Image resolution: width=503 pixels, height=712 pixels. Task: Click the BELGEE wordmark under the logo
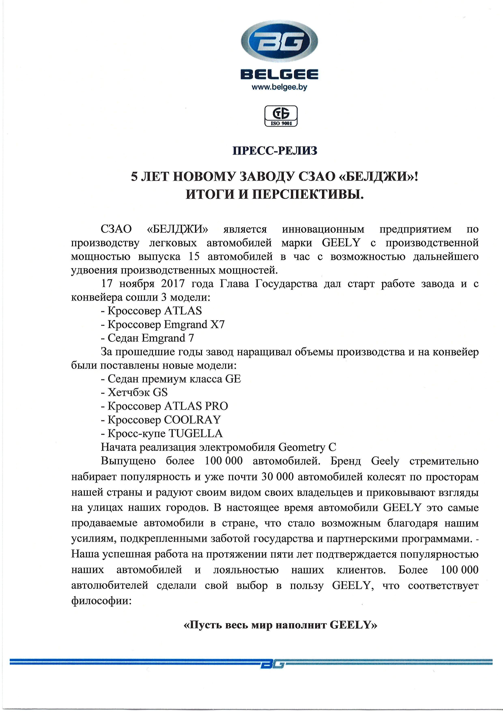279,74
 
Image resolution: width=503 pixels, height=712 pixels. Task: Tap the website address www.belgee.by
279,87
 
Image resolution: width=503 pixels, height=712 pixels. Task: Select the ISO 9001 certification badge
281,116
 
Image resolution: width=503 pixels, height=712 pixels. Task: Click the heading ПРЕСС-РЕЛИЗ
275,151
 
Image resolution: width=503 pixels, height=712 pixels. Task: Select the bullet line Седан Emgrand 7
147,338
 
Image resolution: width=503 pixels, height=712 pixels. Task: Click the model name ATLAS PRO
196,406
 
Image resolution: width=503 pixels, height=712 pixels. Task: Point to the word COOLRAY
192,420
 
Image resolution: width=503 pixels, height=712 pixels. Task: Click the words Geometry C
307,447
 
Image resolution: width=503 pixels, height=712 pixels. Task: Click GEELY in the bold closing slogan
350,625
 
